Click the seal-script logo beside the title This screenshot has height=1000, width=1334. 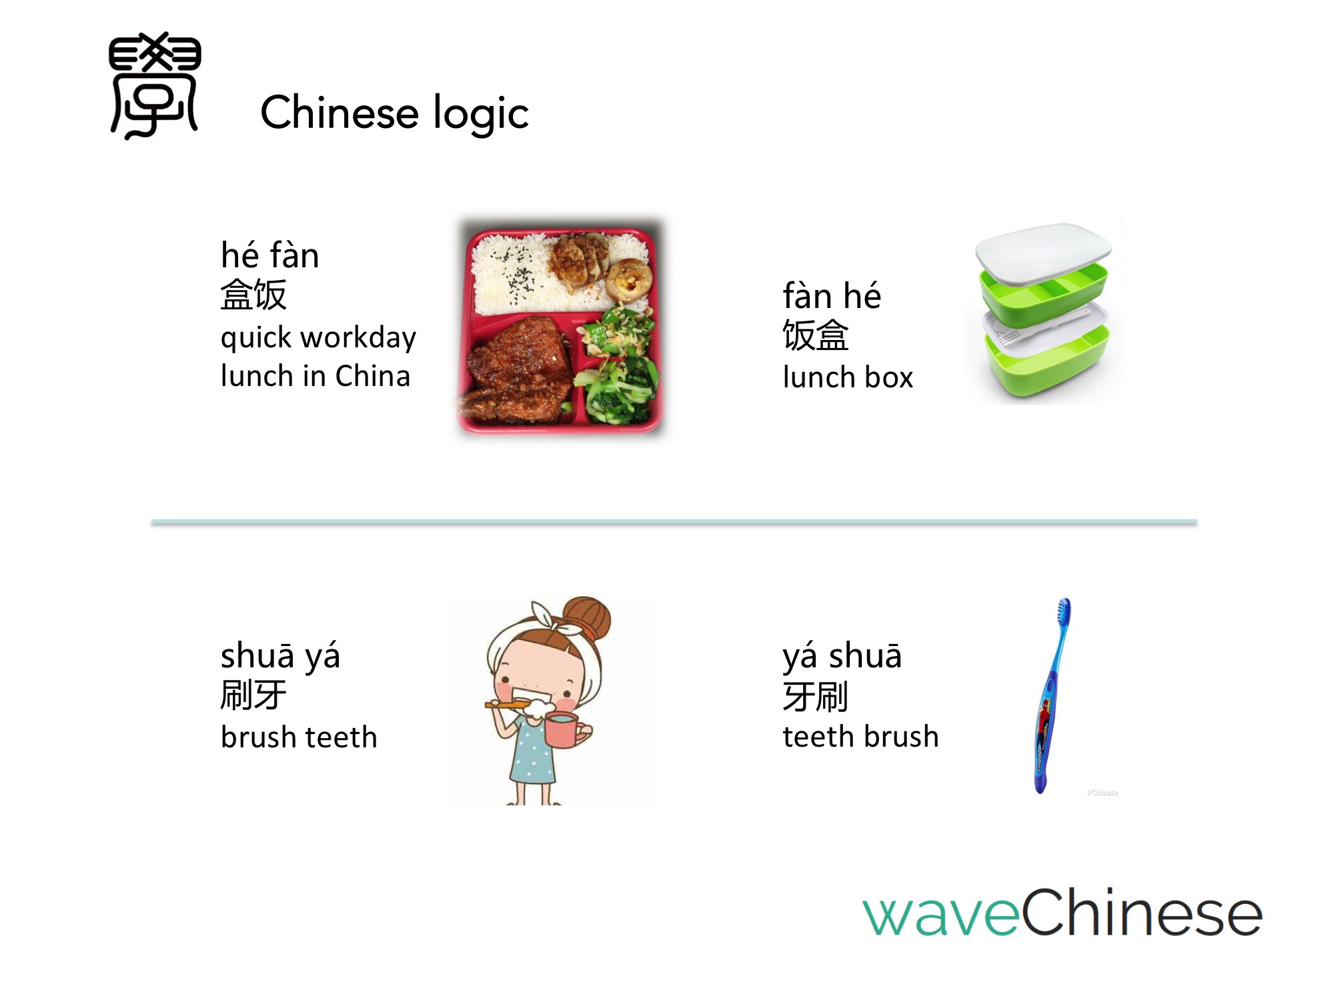pyautogui.click(x=155, y=85)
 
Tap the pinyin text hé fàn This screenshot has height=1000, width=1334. pyautogui.click(x=270, y=255)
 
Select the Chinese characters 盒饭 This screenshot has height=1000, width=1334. pyautogui.click(x=253, y=295)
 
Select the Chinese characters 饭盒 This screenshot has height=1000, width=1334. pyautogui.click(x=816, y=335)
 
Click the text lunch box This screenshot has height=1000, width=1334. pyautogui.click(x=848, y=377)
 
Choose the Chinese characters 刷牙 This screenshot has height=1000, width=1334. pyautogui.click(x=253, y=695)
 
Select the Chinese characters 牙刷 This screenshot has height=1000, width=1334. pyautogui.click(x=816, y=697)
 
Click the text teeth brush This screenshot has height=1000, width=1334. pyautogui.click(x=860, y=737)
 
